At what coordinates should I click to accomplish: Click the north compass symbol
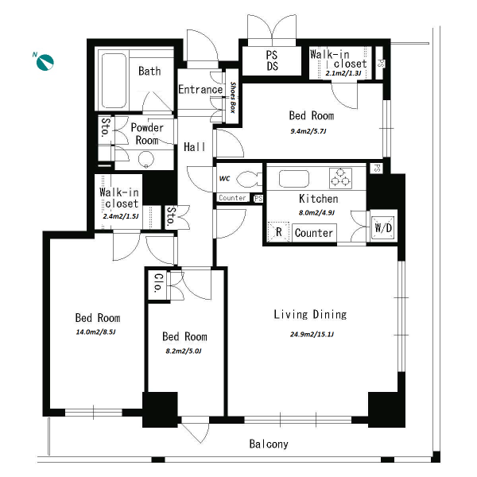pos(45,62)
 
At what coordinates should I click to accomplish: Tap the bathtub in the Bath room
pos(114,80)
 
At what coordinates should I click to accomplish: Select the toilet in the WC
pos(249,179)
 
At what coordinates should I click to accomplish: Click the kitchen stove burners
pos(341,177)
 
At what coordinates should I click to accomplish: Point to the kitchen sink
pos(294,178)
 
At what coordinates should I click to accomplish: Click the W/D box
pos(383,227)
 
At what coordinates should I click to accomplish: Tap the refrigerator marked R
pos(278,232)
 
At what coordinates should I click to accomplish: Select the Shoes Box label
pos(233,97)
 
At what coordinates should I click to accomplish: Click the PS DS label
pos(272,60)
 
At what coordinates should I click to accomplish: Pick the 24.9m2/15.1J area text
pos(312,335)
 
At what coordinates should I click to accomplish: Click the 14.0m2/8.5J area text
pos(95,332)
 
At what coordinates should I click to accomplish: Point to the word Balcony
pos(269,444)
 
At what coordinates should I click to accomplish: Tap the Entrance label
pos(200,89)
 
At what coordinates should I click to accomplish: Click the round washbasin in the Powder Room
pos(146,159)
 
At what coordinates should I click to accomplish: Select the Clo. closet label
pos(159,283)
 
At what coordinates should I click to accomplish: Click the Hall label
pos(195,147)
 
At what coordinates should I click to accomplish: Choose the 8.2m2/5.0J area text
pos(184,351)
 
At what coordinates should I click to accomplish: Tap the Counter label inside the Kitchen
pos(314,233)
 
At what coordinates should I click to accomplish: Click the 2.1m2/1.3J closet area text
pos(343,73)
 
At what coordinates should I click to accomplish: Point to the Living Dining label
pos(310,314)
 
